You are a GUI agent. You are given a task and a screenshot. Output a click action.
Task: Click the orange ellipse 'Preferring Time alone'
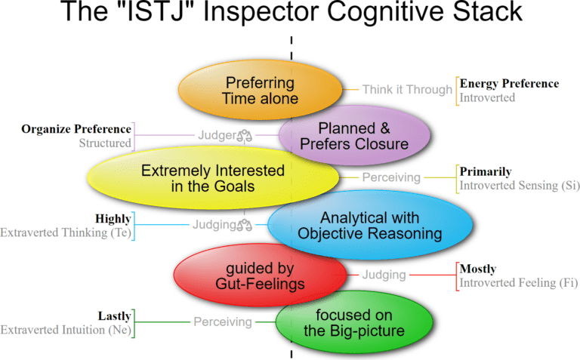coord(260,90)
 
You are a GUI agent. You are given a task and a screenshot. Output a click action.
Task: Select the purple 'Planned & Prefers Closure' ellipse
coord(354,136)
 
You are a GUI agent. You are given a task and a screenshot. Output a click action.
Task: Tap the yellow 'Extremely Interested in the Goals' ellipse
coord(212,178)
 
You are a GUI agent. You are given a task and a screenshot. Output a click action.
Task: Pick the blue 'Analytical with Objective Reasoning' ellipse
coord(369,225)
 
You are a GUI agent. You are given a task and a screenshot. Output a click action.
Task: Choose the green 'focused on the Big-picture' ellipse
coord(354,322)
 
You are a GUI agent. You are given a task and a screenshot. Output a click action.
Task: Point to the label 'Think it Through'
coord(406,90)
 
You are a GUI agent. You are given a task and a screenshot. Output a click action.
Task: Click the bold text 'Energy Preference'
coord(509,84)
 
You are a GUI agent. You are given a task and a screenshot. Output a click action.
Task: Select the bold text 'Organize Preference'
coord(76,128)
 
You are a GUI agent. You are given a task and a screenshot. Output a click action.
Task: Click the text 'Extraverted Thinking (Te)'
coord(66,232)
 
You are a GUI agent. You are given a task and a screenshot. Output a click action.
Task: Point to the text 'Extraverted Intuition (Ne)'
coord(66,330)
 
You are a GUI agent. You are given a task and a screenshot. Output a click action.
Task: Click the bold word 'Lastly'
coord(114,316)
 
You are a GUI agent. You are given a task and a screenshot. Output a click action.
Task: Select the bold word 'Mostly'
coord(478,269)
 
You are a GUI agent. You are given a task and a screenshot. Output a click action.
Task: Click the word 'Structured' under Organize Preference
coord(105,143)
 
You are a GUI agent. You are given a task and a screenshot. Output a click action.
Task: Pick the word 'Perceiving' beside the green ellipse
coord(222,322)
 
